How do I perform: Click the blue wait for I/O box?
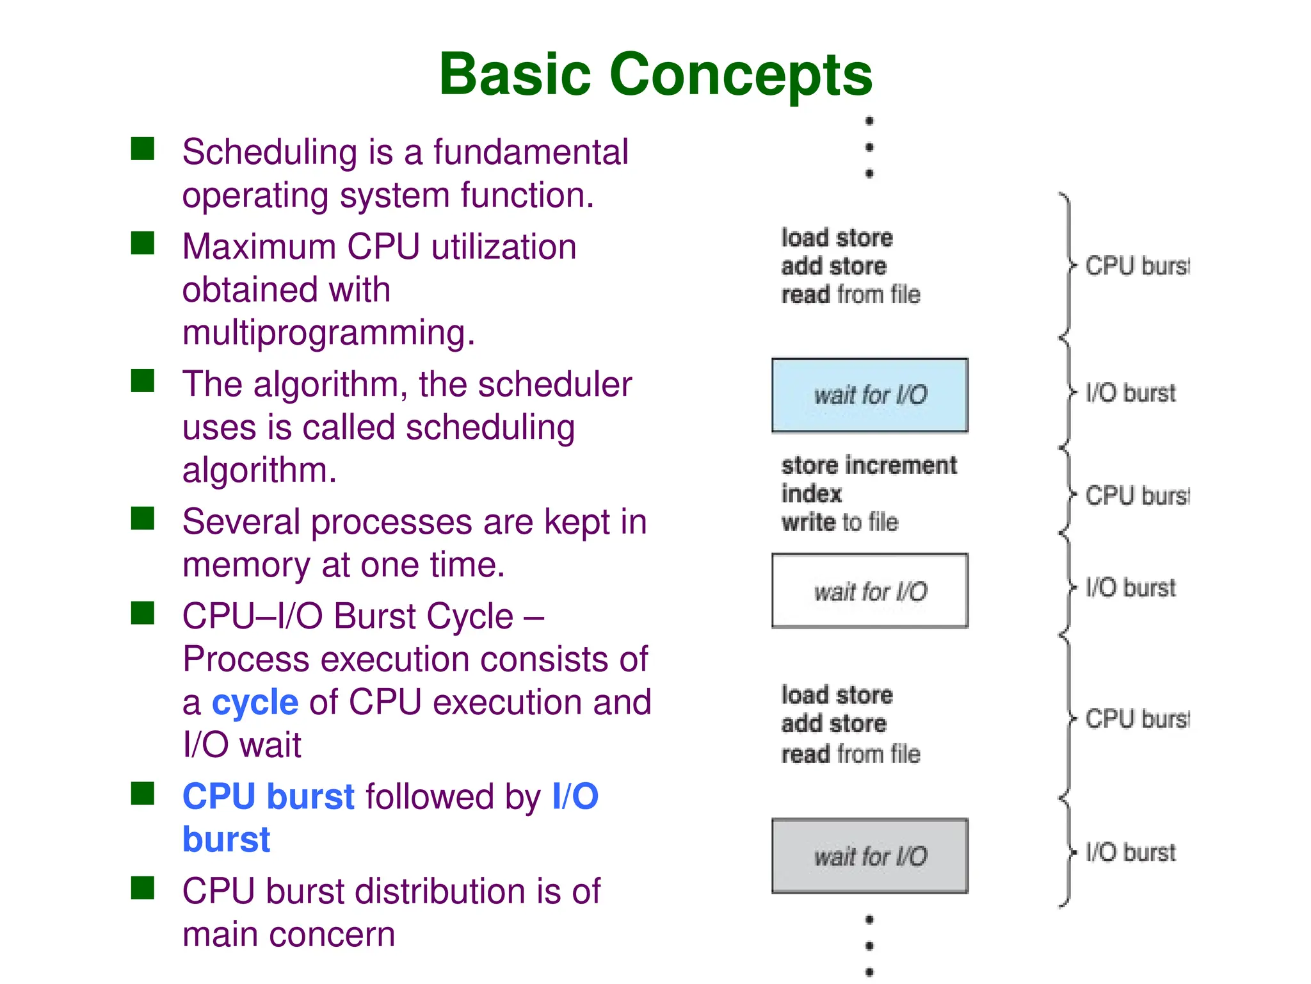click(x=869, y=395)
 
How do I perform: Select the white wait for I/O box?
click(x=869, y=591)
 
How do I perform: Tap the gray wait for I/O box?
click(x=869, y=856)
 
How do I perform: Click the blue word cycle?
click(x=255, y=703)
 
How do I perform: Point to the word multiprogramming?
click(x=328, y=333)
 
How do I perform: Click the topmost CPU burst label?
click(x=1137, y=266)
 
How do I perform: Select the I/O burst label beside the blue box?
click(x=1130, y=393)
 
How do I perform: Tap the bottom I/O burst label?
click(x=1130, y=853)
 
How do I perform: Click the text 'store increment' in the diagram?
click(x=869, y=466)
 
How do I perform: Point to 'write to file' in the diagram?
click(x=839, y=523)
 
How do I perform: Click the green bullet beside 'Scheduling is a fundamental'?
click(x=143, y=149)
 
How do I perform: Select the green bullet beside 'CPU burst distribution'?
click(x=143, y=888)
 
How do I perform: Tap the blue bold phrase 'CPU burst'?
click(x=268, y=797)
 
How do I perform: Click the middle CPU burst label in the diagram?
click(x=1137, y=496)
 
